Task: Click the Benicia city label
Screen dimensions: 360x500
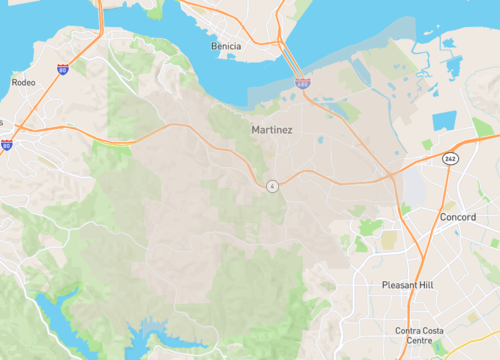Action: pos(226,46)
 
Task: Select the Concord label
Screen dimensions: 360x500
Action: pos(458,216)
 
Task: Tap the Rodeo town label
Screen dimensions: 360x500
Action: pos(22,82)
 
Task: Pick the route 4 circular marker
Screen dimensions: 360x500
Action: pos(271,186)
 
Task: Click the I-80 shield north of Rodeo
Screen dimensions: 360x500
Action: pos(63,69)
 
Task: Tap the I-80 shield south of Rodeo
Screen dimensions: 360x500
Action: pos(7,145)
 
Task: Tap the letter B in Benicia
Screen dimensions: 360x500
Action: pos(213,46)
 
